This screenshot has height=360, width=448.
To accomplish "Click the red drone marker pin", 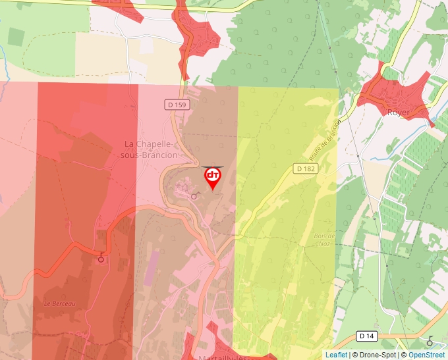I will coord(213,177).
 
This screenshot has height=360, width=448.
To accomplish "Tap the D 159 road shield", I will coord(177,105).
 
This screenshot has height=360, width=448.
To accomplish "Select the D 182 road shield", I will coord(306,169).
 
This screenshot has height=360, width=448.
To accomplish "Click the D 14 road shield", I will coord(368,336).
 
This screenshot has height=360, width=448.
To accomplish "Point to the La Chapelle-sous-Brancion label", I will coord(151,149).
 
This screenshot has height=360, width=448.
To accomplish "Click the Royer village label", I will coord(399,113).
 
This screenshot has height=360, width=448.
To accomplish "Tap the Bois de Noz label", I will coord(324,240).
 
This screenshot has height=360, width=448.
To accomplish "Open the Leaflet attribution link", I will coord(336,355).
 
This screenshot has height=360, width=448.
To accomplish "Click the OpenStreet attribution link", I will coord(426,355).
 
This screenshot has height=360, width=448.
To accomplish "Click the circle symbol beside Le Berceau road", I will coord(101,259).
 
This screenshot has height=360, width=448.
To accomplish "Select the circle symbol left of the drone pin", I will coord(194,196).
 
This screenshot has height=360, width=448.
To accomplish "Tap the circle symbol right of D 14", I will coord(430,342).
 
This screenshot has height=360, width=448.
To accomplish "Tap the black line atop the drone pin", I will coord(213,167).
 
